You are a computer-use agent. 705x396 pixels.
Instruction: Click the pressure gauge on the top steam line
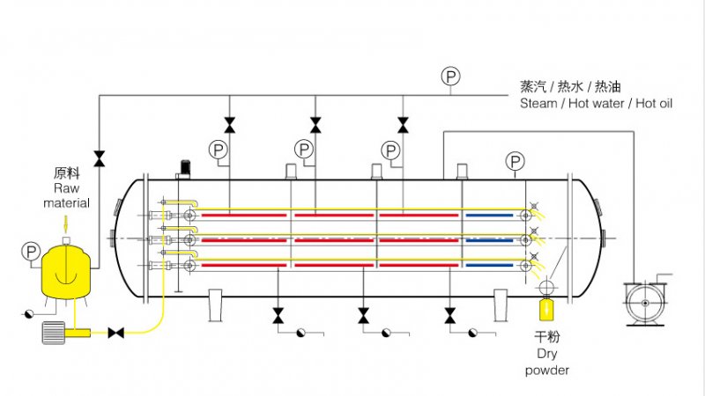point(450,77)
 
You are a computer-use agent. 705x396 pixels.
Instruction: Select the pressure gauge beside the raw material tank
point(31,253)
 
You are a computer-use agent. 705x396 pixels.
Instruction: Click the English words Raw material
point(67,195)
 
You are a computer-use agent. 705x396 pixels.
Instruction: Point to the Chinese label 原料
point(67,174)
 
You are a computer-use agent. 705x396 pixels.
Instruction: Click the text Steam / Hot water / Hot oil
point(596,103)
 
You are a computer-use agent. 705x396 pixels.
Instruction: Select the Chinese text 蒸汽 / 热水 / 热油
point(570,87)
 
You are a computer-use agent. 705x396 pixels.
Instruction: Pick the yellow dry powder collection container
point(547,309)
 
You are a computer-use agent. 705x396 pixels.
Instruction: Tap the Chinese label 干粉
point(547,337)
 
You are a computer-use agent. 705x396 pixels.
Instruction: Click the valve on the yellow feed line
point(115,333)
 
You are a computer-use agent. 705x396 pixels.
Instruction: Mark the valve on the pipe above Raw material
point(99,158)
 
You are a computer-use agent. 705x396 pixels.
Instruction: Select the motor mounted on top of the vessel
point(185,166)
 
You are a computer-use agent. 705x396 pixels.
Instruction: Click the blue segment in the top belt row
point(486,215)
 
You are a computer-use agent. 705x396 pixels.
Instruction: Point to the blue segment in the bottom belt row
point(486,264)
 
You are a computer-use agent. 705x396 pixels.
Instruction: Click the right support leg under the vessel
point(501,305)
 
